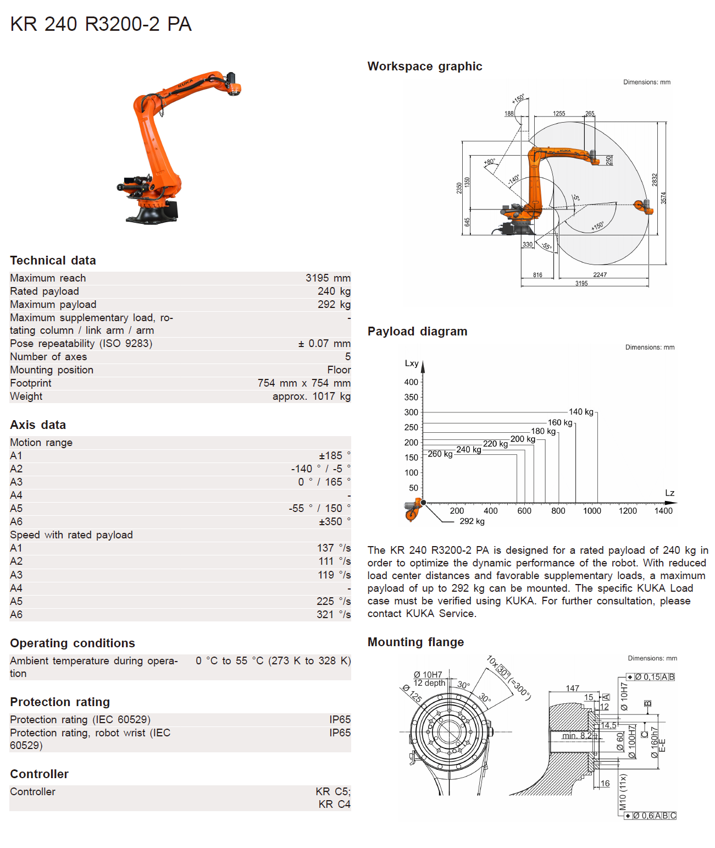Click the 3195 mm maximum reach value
pyautogui.click(x=328, y=278)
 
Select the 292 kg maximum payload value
pyautogui.click(x=334, y=305)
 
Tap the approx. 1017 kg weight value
pyautogui.click(x=311, y=397)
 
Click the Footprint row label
pyautogui.click(x=31, y=383)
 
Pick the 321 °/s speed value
pyautogui.click(x=333, y=615)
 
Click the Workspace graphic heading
pyautogui.click(x=424, y=67)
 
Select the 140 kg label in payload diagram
pyautogui.click(x=581, y=412)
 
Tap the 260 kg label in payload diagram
pyautogui.click(x=440, y=454)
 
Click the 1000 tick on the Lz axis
pyautogui.click(x=592, y=511)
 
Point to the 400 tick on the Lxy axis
pyautogui.click(x=411, y=382)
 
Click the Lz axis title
pyautogui.click(x=669, y=493)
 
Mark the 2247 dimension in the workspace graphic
pyautogui.click(x=600, y=275)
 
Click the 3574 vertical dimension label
pyautogui.click(x=663, y=198)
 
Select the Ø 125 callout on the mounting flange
pyautogui.click(x=412, y=693)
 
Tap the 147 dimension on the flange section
pyautogui.click(x=572, y=689)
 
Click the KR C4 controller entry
pyautogui.click(x=334, y=805)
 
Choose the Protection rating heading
pyautogui.click(x=60, y=702)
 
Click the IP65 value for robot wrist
pyautogui.click(x=340, y=733)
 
